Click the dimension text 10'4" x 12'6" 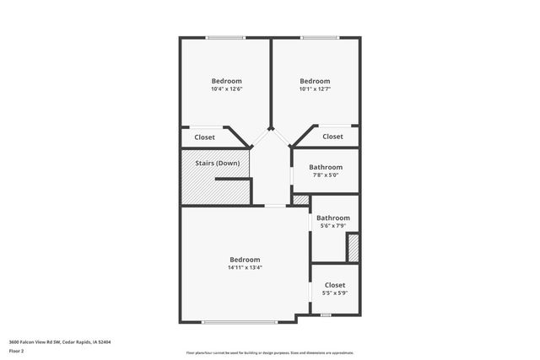226,89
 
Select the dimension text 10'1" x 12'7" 314,89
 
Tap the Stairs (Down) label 217,163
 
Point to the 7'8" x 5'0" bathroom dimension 326,175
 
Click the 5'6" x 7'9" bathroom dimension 332,226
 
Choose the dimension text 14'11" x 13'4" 245,267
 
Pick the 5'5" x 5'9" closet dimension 335,293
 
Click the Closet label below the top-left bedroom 204,137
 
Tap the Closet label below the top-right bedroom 332,137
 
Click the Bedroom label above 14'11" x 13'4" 245,259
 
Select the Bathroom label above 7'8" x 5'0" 326,167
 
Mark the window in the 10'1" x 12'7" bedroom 315,37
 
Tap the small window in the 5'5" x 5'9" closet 326,314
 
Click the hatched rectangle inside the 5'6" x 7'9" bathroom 354,248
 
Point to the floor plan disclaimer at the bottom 269,352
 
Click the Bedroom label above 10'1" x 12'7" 314,81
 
